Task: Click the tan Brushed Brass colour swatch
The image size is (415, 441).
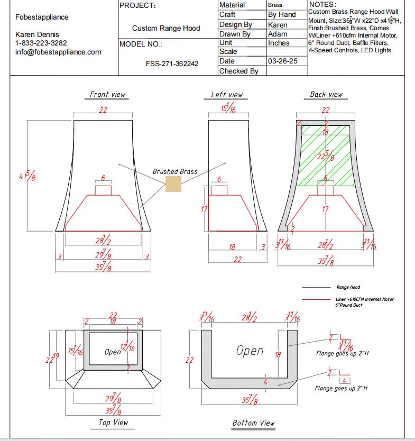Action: (173, 184)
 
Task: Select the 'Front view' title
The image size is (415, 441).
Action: (107, 94)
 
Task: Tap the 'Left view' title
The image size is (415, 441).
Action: (226, 95)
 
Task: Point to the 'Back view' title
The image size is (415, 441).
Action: (326, 94)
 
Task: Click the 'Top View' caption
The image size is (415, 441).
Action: (113, 422)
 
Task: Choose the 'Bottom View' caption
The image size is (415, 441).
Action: (253, 422)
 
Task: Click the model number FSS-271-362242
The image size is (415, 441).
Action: (172, 63)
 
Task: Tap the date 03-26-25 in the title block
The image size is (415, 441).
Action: (283, 61)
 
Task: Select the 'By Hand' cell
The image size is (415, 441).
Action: (282, 15)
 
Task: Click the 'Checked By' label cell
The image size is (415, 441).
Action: (238, 71)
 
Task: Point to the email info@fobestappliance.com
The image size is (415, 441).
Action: (58, 52)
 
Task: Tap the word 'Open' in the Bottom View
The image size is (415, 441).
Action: (250, 351)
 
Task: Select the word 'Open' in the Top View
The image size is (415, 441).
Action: (113, 352)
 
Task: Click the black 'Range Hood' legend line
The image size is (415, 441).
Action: (316, 287)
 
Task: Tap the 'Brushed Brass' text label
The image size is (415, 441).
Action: (175, 171)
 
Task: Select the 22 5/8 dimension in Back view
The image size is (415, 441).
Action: (325, 156)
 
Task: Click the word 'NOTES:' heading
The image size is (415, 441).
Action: (322, 4)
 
